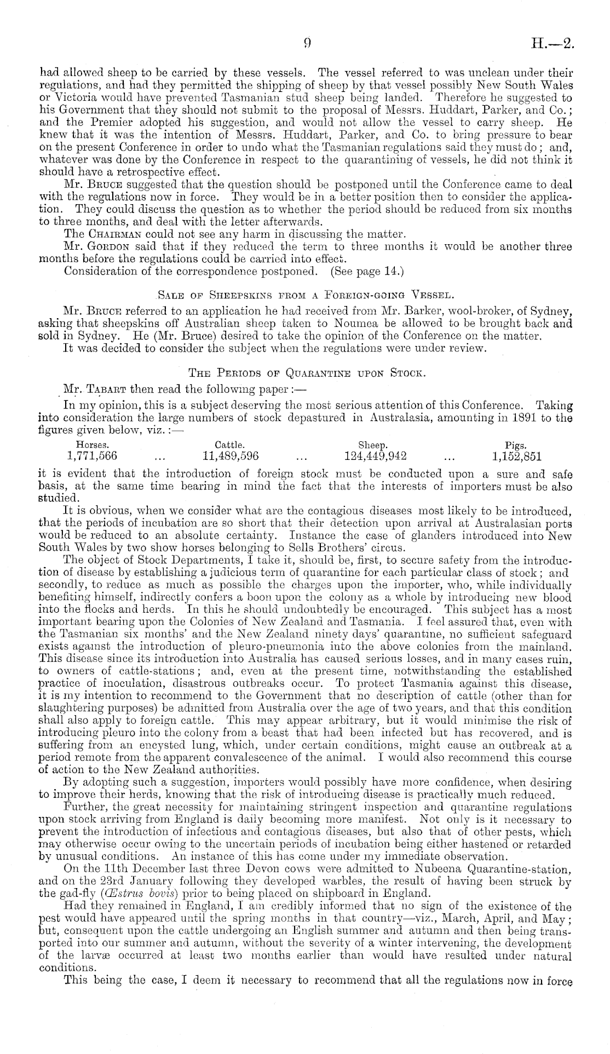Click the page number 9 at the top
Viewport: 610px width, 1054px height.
coord(308,43)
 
